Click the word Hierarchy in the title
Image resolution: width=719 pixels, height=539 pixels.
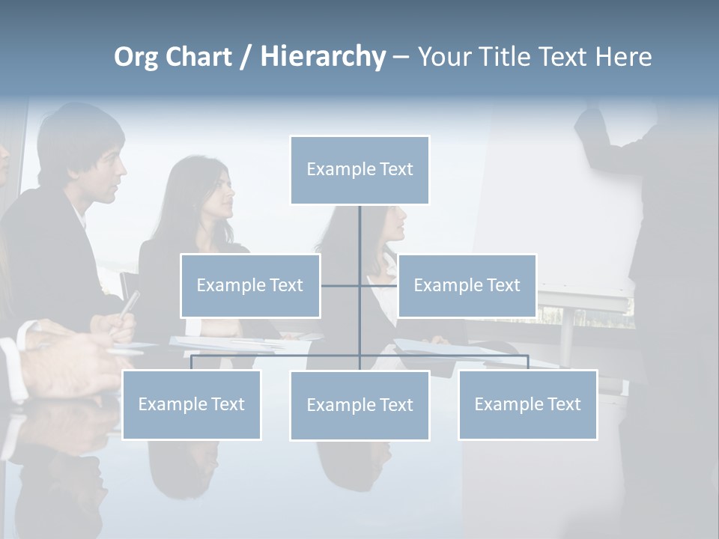tap(323, 57)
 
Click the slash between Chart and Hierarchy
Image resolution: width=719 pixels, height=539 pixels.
tap(246, 58)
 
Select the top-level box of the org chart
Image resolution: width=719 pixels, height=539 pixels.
tap(359, 170)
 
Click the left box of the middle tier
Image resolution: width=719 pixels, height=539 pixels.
tap(250, 286)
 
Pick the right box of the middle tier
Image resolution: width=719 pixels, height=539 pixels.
tap(467, 286)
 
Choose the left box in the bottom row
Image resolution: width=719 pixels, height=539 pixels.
tap(191, 405)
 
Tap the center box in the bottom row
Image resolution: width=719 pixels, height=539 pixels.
tap(359, 406)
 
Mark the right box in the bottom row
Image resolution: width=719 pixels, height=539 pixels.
tap(527, 405)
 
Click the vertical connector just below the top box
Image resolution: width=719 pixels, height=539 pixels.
tap(359, 232)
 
